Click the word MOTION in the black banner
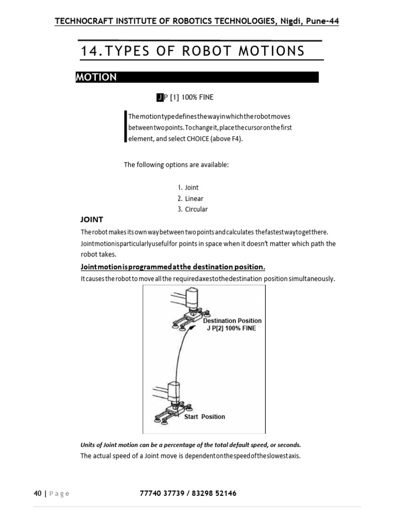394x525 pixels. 96,77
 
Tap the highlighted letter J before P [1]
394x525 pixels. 160,97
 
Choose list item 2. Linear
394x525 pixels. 190,198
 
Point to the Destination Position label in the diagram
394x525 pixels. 232,321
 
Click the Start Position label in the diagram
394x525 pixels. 204,417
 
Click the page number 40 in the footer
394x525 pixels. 37,494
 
